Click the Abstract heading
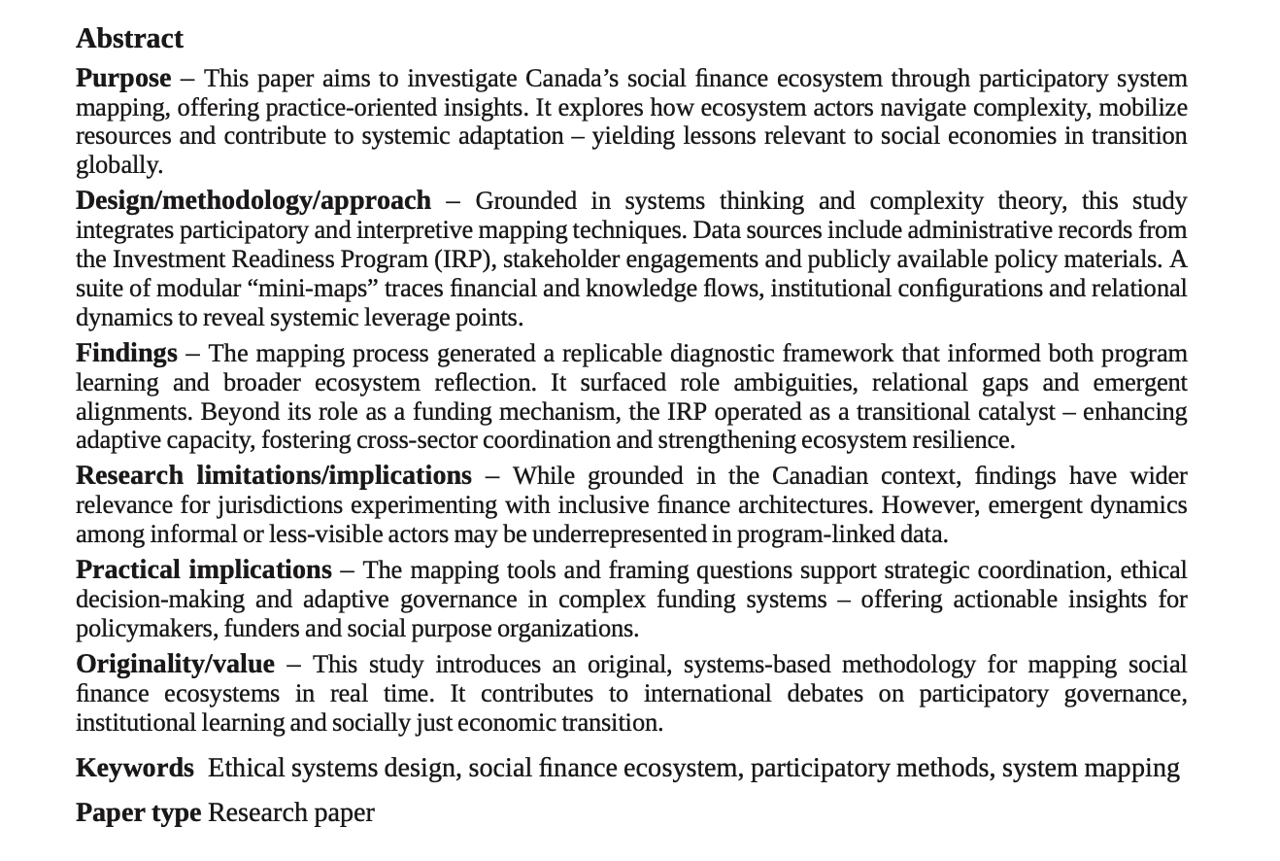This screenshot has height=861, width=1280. pos(129,39)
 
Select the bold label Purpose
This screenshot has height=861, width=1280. pos(123,79)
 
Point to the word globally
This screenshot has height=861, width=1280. pos(118,165)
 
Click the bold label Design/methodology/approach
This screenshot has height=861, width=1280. pos(253,201)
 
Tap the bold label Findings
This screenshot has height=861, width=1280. pos(126,354)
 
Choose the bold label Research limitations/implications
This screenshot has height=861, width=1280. pos(273,476)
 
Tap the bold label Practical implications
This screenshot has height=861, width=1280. pos(203,570)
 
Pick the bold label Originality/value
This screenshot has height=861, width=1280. pos(175,665)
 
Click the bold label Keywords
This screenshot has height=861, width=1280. pos(134,769)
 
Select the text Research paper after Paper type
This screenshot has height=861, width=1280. pos(290,813)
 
